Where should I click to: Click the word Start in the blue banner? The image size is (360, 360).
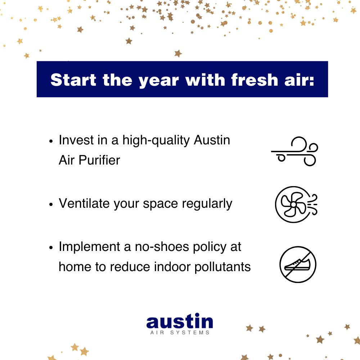click(73, 80)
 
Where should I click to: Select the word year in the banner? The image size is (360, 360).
click(159, 81)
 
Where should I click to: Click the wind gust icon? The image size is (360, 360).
click(294, 151)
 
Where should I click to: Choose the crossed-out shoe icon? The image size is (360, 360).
click(298, 265)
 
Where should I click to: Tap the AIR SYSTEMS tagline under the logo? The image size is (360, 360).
click(180, 333)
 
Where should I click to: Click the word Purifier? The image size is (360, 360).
click(99, 160)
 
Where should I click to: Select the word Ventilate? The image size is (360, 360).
click(84, 203)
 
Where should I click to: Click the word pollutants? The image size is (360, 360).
click(222, 267)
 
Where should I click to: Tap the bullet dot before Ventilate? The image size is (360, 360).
click(51, 204)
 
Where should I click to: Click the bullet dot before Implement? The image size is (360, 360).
click(51, 248)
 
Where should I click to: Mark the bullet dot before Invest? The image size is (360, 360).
click(51, 141)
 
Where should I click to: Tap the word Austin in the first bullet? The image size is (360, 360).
click(212, 140)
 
